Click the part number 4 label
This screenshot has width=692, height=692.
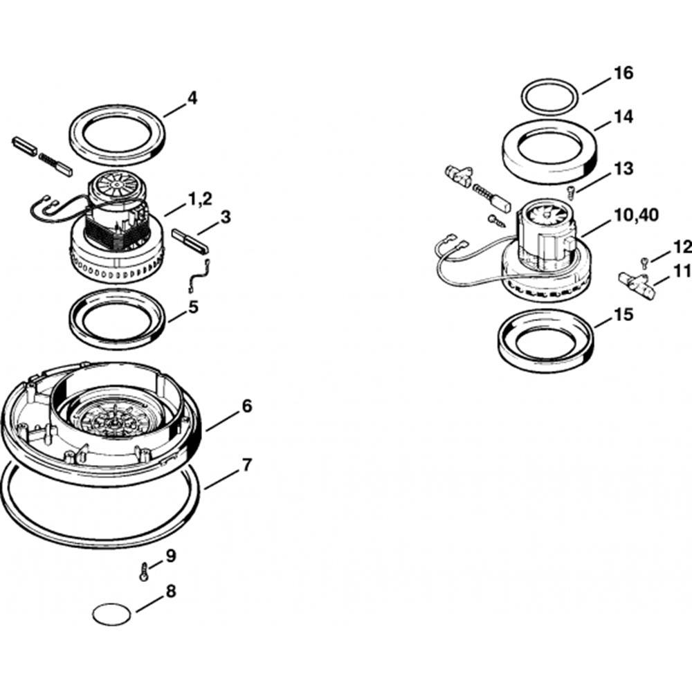pos(192,98)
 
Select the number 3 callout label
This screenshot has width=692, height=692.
pos(225,217)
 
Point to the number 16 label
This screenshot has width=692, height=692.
pos(623,73)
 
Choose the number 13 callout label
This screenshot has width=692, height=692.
pos(623,168)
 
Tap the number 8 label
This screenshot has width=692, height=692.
pos(171,590)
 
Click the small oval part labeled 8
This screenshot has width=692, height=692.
pos(113,614)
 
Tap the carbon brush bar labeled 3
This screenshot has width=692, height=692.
pos(190,241)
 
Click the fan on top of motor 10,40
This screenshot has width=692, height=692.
pos(547,215)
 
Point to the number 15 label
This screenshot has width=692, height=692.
pos(623,315)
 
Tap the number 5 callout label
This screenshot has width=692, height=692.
pos(193,307)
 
